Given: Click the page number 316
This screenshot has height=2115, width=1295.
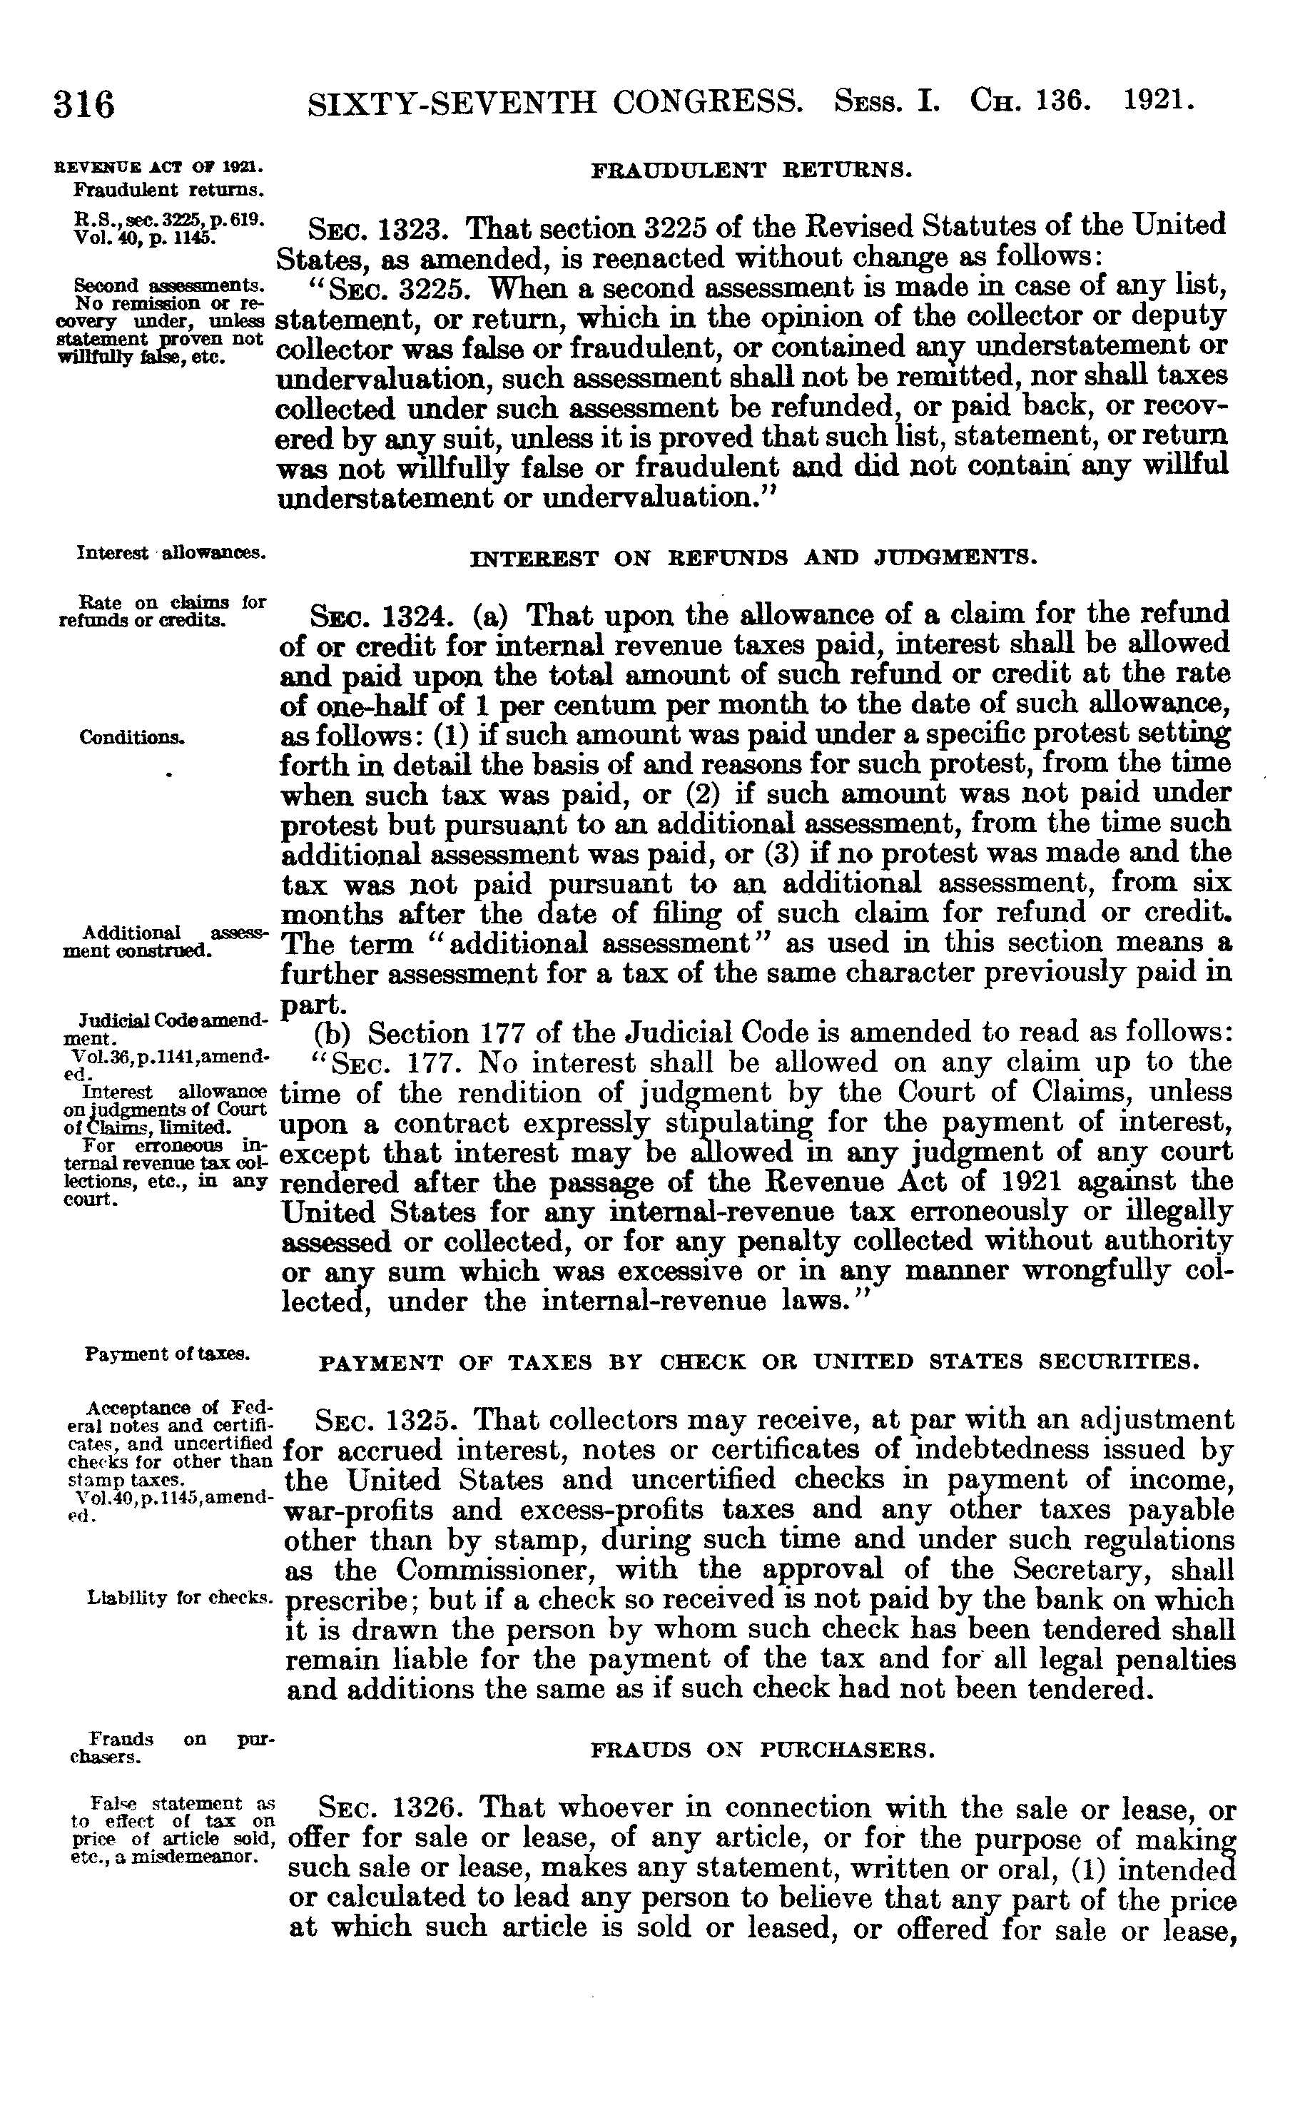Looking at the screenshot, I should click(x=84, y=105).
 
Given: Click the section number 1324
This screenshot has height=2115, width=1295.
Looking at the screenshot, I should click(x=415, y=617).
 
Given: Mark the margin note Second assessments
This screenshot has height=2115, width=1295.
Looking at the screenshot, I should click(x=169, y=284).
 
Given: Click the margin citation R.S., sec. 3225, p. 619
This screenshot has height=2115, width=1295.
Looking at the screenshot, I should click(x=169, y=218).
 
